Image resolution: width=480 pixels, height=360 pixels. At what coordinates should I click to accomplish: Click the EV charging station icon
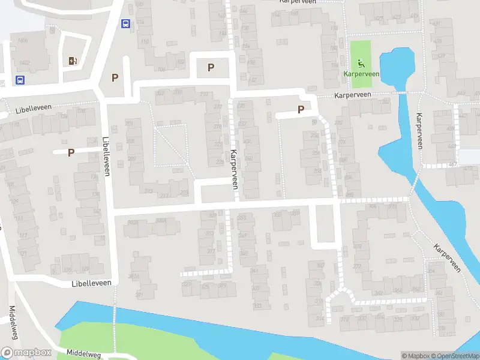[x=73, y=61]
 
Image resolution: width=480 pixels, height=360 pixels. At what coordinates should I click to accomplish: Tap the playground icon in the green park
[x=361, y=64]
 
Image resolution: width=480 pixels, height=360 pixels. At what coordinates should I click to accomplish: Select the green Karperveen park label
[x=361, y=74]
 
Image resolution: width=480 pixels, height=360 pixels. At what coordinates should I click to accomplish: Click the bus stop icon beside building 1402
[x=20, y=80]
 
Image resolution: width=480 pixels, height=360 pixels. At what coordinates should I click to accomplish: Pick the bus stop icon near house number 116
[x=125, y=24]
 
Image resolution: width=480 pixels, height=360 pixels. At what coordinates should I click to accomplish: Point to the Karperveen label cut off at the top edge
[x=298, y=2]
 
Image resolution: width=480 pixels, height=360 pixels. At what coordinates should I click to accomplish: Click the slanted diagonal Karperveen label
[x=446, y=258]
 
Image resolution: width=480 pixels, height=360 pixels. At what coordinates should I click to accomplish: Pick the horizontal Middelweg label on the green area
[x=84, y=353]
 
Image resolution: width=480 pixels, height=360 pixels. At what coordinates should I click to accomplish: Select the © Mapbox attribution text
[x=416, y=356]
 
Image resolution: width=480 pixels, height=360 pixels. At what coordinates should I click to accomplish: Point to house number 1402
[x=25, y=62]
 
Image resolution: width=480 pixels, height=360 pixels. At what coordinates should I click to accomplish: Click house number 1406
[x=23, y=40]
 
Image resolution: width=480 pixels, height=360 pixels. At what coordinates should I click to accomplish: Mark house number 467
[x=452, y=164]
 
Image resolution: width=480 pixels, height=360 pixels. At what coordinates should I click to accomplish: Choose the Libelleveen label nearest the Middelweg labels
[x=92, y=283]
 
